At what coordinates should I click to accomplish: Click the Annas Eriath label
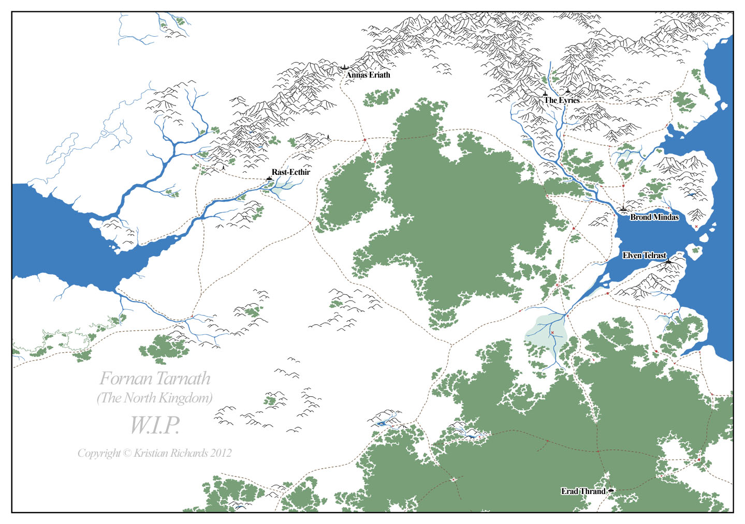368,75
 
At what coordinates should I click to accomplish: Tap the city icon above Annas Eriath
344,67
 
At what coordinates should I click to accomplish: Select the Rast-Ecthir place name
290,172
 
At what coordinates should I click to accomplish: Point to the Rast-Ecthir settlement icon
269,178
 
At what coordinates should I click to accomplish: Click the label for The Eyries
562,100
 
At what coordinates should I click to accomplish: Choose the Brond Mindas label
654,217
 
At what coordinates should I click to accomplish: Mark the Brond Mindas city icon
623,209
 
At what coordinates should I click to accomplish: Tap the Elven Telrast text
644,256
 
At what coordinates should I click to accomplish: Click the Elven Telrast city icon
668,262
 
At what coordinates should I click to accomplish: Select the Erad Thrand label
583,491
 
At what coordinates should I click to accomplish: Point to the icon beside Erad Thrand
611,490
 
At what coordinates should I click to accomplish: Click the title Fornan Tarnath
155,379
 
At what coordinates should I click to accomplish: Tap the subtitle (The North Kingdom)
155,398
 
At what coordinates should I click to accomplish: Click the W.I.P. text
154,426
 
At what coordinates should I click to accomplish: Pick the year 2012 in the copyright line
221,453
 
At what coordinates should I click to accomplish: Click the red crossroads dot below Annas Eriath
364,140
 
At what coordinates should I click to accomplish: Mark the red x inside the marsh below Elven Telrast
552,333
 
